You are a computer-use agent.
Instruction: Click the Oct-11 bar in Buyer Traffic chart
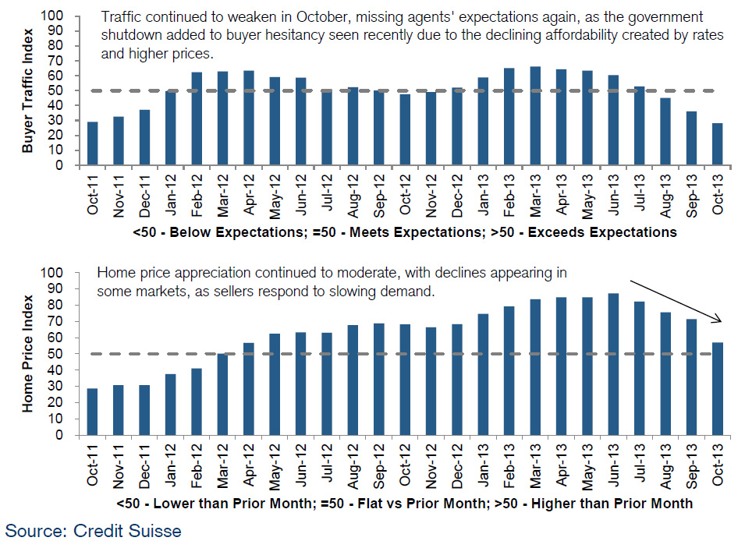click(93, 143)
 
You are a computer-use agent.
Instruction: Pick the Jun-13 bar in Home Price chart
click(612, 364)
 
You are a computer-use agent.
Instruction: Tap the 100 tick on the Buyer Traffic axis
click(62, 16)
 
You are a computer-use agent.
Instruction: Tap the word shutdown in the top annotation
click(129, 37)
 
